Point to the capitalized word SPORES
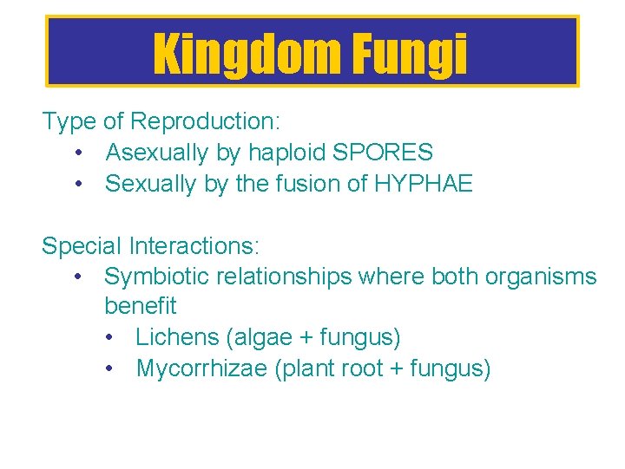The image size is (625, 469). tap(383, 153)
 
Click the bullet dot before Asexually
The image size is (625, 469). tap(80, 153)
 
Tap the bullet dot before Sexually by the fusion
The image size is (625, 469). tap(80, 184)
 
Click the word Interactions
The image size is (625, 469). tap(193, 246)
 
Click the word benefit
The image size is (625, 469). tap(140, 306)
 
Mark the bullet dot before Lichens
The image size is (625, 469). tap(110, 337)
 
